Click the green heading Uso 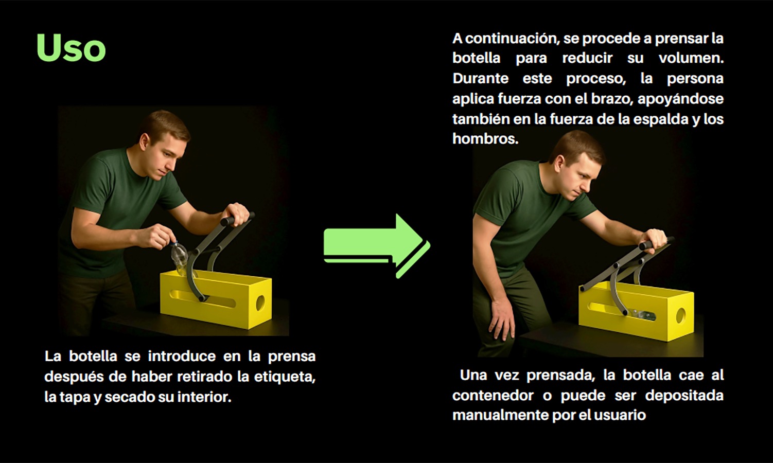coord(71,48)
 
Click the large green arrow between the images coord(376,245)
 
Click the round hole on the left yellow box coord(260,302)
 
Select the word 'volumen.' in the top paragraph coord(691,58)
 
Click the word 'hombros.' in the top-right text coord(485,139)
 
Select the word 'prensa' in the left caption coord(291,357)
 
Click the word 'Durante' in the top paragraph coord(480,79)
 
